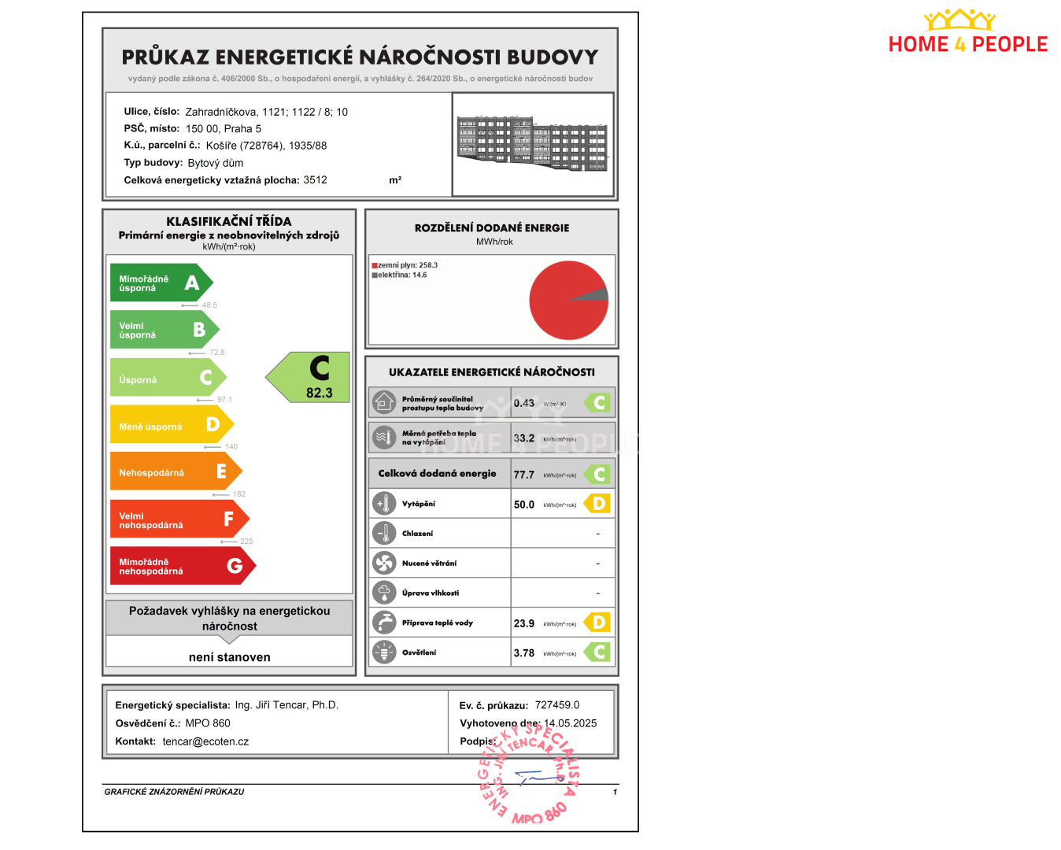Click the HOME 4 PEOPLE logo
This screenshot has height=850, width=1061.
[967, 33]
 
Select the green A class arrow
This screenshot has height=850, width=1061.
[160, 283]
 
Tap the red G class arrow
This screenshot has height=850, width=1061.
[181, 566]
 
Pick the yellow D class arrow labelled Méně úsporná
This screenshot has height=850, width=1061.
[170, 426]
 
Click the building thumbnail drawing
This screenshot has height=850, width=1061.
[532, 143]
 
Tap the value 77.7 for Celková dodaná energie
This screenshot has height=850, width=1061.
[524, 475]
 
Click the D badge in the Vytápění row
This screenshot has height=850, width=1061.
[598, 504]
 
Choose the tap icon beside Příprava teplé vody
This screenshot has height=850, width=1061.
[384, 623]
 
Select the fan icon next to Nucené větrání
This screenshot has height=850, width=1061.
[384, 563]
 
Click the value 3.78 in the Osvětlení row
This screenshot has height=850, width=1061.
[524, 653]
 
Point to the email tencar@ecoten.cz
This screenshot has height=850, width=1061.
[205, 741]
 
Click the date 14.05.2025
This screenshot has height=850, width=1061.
[571, 723]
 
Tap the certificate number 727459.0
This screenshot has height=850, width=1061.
[557, 705]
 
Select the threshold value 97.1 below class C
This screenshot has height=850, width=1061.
[224, 400]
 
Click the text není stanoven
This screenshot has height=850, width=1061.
[230, 657]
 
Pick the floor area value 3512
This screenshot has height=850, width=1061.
[316, 180]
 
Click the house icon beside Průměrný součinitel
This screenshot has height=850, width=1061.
[384, 402]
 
